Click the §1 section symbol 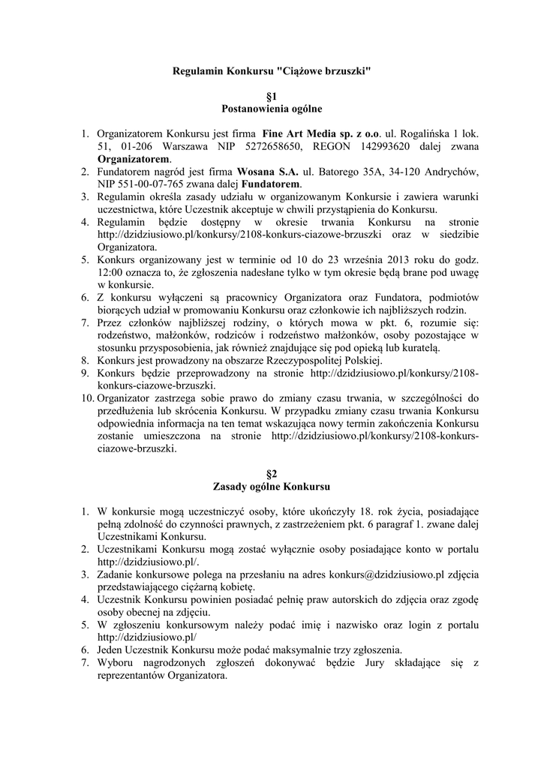click(x=272, y=97)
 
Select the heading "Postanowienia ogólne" click(x=272, y=109)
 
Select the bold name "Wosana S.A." click(x=266, y=172)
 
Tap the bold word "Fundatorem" click(x=271, y=184)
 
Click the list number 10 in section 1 click(x=87, y=398)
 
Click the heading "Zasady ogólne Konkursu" click(x=272, y=487)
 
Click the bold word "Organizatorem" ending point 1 click(x=133, y=159)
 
